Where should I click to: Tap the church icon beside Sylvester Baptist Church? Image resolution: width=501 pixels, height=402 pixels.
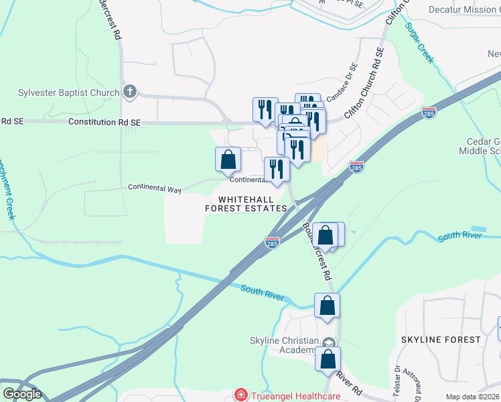click(130, 92)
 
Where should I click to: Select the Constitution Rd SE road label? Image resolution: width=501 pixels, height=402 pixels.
click(104, 122)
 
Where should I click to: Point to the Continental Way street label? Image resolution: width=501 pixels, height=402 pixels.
click(155, 190)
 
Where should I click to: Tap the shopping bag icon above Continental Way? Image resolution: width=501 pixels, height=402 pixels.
click(228, 159)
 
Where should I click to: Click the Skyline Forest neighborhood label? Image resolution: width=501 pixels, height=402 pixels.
click(441, 340)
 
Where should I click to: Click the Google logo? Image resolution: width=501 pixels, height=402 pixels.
click(22, 394)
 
